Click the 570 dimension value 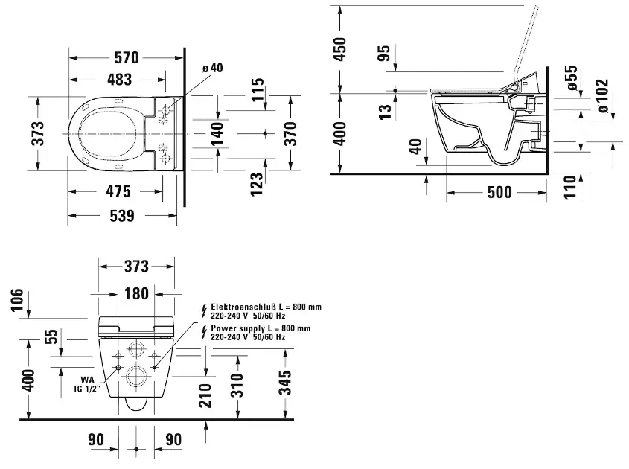click(127, 58)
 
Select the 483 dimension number click(120, 80)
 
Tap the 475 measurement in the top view click(118, 192)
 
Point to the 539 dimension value click(122, 216)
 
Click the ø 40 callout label click(213, 68)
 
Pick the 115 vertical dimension click(258, 89)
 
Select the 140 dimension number click(217, 134)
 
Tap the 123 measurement click(257, 184)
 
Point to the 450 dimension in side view click(339, 49)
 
